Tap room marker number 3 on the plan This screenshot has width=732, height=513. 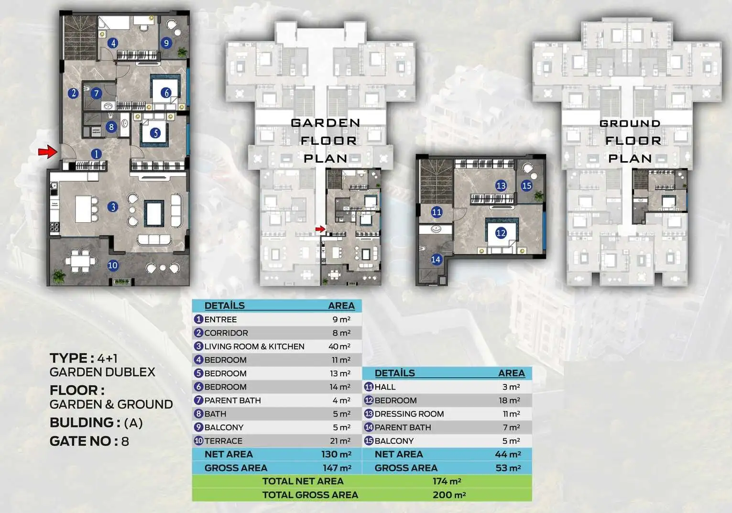click(113, 207)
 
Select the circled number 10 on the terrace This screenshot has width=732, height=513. click(113, 265)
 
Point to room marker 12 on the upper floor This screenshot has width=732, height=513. click(501, 233)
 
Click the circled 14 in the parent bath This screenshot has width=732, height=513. click(436, 260)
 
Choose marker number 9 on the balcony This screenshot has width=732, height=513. click(166, 43)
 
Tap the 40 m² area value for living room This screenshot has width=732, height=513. click(339, 346)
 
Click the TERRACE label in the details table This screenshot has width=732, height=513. click(224, 441)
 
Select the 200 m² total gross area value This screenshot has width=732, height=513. click(449, 495)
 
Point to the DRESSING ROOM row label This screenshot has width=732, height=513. click(409, 414)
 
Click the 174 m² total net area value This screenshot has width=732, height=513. click(447, 481)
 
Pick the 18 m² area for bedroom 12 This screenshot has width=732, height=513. click(510, 400)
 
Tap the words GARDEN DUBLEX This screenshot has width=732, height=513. click(102, 372)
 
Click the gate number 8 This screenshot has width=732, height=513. click(125, 441)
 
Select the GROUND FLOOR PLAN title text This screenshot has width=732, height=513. click(630, 141)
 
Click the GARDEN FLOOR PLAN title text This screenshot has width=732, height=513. click(326, 141)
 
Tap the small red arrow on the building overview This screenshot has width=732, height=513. click(320, 229)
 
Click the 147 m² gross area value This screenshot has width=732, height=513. click(337, 468)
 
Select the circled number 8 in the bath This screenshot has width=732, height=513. click(111, 126)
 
